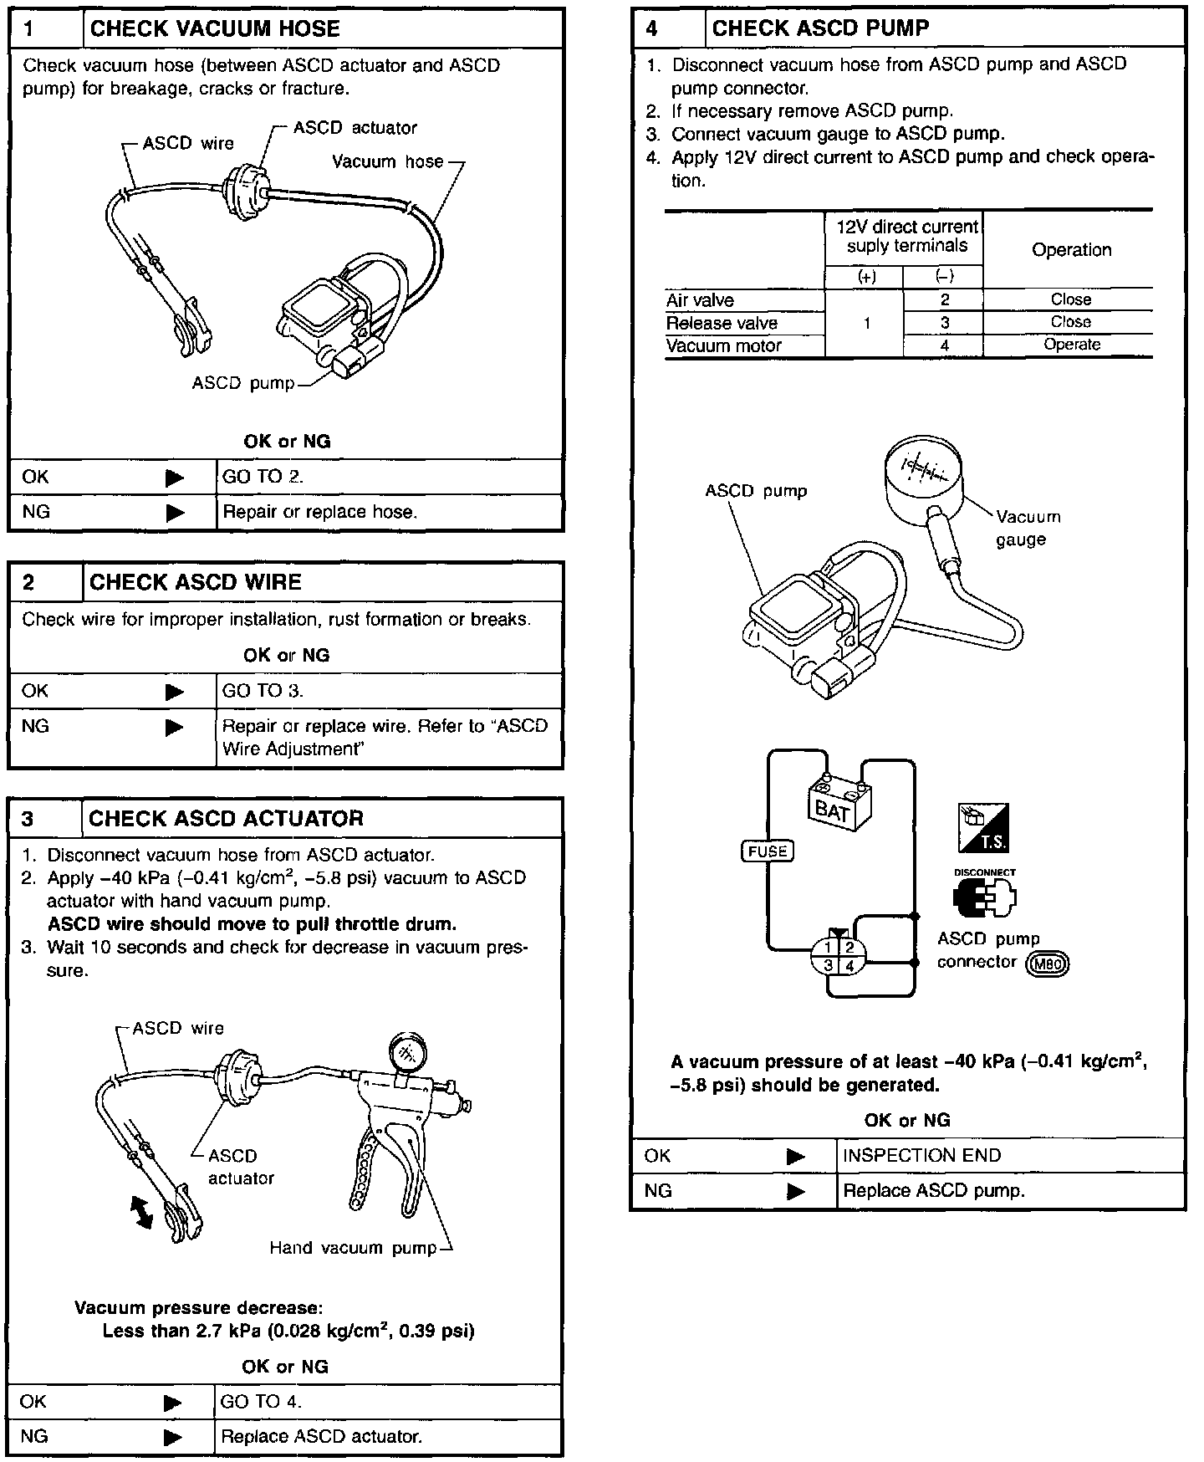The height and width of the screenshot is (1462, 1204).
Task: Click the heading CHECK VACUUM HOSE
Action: point(215,29)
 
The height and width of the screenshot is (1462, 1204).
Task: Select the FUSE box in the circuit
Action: point(767,851)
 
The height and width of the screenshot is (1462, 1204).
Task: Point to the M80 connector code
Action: point(1048,963)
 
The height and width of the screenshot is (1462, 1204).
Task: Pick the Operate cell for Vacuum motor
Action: point(1071,345)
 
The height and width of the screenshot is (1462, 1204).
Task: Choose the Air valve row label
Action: point(701,299)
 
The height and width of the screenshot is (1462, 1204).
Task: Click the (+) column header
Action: point(866,277)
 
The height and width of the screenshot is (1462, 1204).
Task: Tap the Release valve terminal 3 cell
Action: point(944,323)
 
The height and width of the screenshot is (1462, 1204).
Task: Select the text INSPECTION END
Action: point(921,1155)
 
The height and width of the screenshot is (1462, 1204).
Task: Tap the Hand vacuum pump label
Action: point(353,1248)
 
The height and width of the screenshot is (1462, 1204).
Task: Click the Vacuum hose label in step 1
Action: point(387,161)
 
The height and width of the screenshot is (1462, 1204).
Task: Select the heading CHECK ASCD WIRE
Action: point(195,582)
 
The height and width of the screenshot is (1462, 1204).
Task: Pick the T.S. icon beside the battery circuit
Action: point(983,826)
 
